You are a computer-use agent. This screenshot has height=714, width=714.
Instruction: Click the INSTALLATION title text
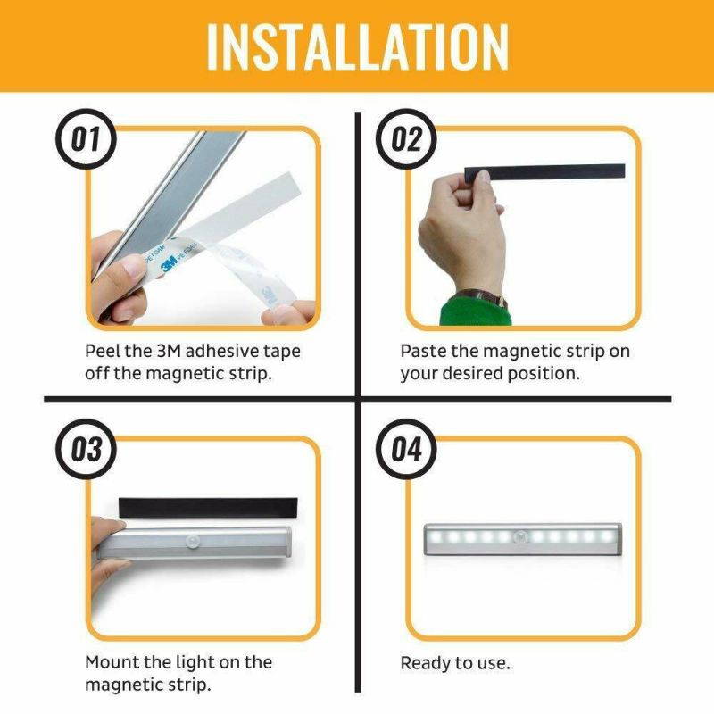(357, 46)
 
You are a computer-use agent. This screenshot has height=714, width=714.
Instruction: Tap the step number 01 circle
(87, 140)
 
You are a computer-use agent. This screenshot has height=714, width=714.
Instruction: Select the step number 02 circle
(407, 140)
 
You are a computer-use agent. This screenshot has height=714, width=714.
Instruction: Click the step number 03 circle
(87, 449)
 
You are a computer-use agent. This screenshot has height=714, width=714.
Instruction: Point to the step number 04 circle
(407, 449)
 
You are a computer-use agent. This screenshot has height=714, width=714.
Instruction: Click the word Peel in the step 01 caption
(104, 351)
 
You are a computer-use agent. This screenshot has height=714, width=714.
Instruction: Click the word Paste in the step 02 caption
(423, 351)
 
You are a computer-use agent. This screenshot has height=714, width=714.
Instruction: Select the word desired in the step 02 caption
(471, 373)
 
